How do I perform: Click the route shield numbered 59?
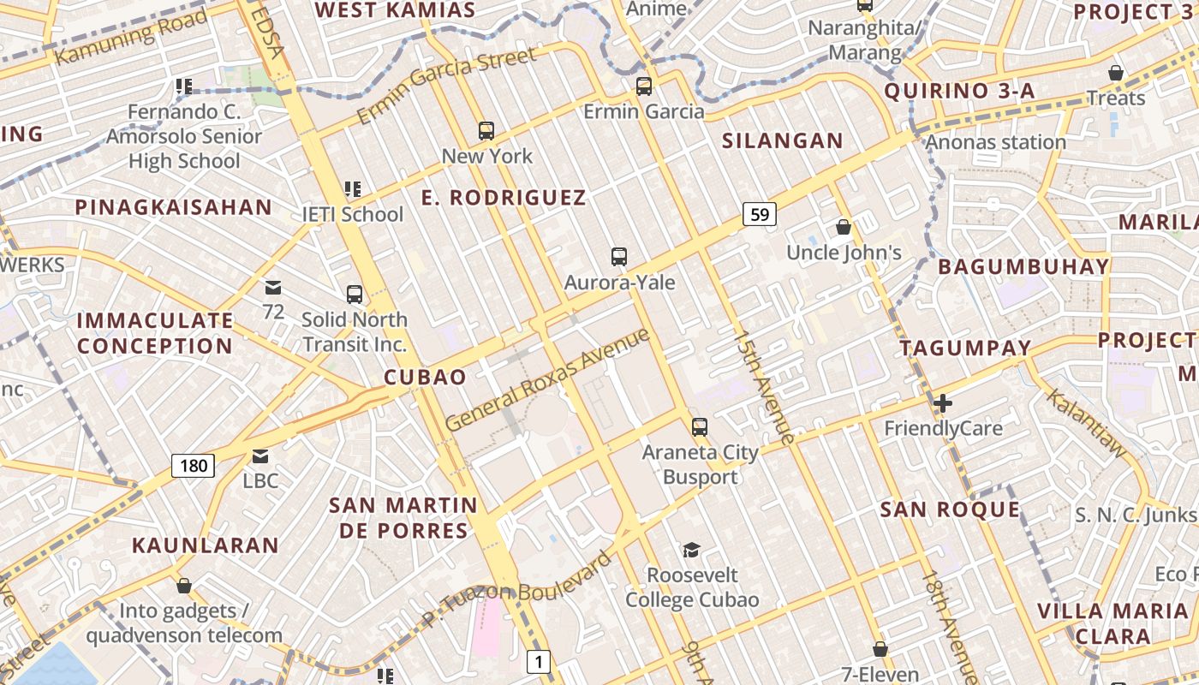[760, 214]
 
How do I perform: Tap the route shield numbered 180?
[194, 466]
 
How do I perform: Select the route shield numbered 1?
[538, 661]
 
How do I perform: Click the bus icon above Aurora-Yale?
[619, 256]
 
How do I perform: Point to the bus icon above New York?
[486, 130]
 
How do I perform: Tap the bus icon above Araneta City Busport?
[700, 426]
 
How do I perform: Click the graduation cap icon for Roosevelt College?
[691, 550]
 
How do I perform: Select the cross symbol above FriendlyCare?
[943, 402]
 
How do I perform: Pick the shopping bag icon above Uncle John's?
[844, 227]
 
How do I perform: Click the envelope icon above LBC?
[260, 456]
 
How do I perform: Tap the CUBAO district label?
[425, 378]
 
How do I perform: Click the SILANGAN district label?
[783, 141]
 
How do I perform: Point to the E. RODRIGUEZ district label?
[504, 198]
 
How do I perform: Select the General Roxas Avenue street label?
[548, 379]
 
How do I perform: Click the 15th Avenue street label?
[764, 387]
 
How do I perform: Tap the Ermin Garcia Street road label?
[446, 85]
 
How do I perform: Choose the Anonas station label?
[996, 142]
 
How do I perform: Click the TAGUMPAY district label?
[965, 348]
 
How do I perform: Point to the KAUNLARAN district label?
[206, 545]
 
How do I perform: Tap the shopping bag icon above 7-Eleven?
[880, 649]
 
